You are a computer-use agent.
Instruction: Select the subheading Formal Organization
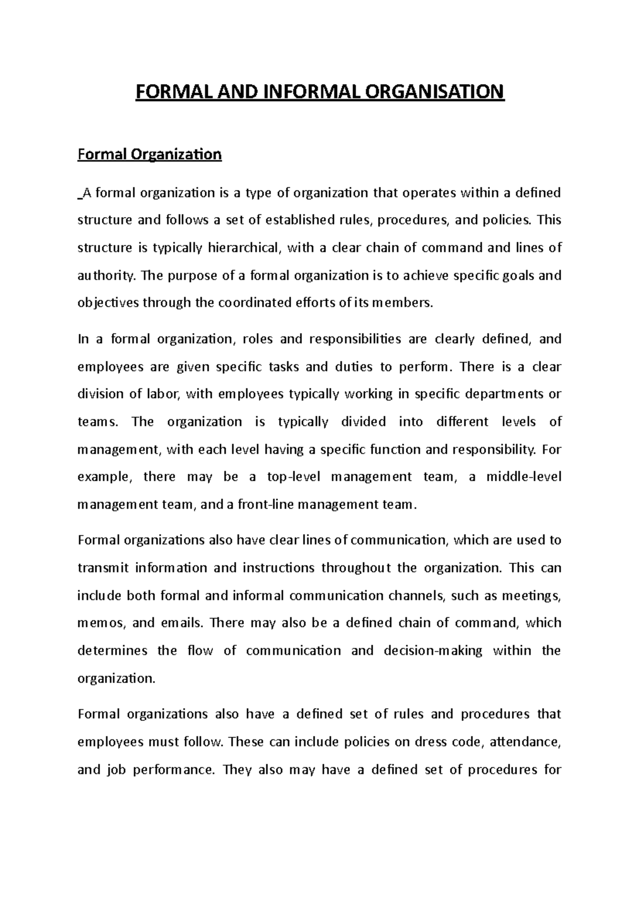point(150,154)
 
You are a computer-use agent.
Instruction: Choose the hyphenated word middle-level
point(523,476)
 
